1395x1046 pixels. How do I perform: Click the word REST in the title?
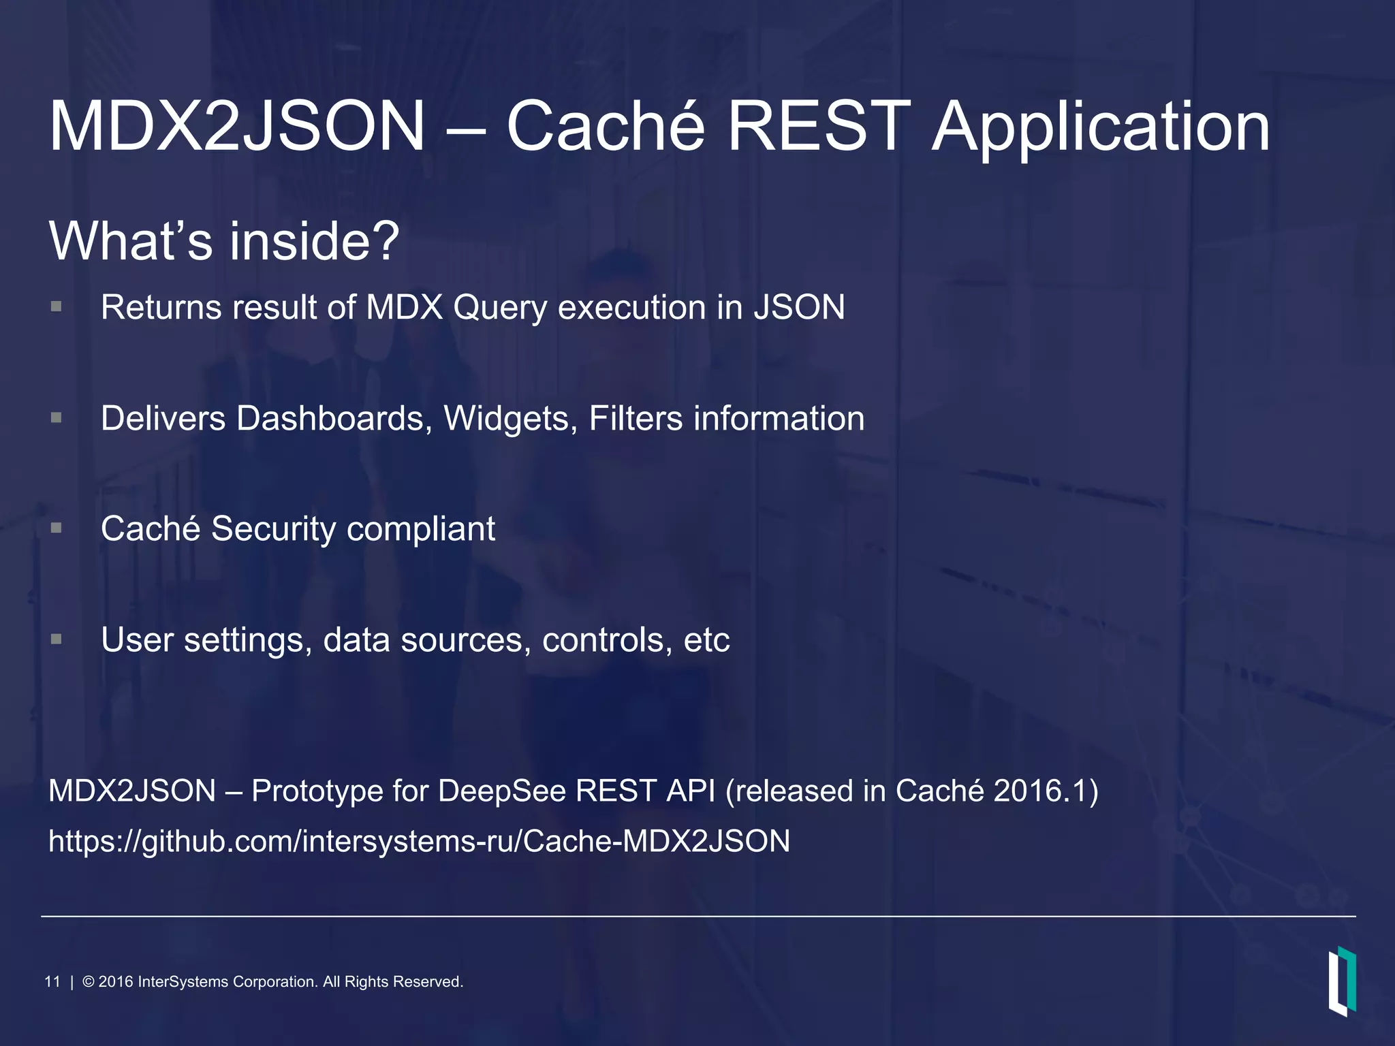pos(818,127)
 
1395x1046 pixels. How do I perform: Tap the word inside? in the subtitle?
pos(314,241)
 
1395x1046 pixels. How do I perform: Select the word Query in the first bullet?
pos(499,308)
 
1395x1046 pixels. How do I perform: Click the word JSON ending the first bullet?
pos(799,307)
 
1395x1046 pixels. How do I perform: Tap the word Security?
pos(273,529)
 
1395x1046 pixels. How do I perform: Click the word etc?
pos(706,641)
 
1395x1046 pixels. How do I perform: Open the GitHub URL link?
pos(419,842)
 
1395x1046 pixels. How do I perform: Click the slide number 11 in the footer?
pos(52,982)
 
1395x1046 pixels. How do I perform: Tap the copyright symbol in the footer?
pos(89,982)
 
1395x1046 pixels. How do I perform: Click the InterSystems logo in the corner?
pos(1341,981)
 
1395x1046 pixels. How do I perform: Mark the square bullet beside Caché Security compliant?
pos(57,528)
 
